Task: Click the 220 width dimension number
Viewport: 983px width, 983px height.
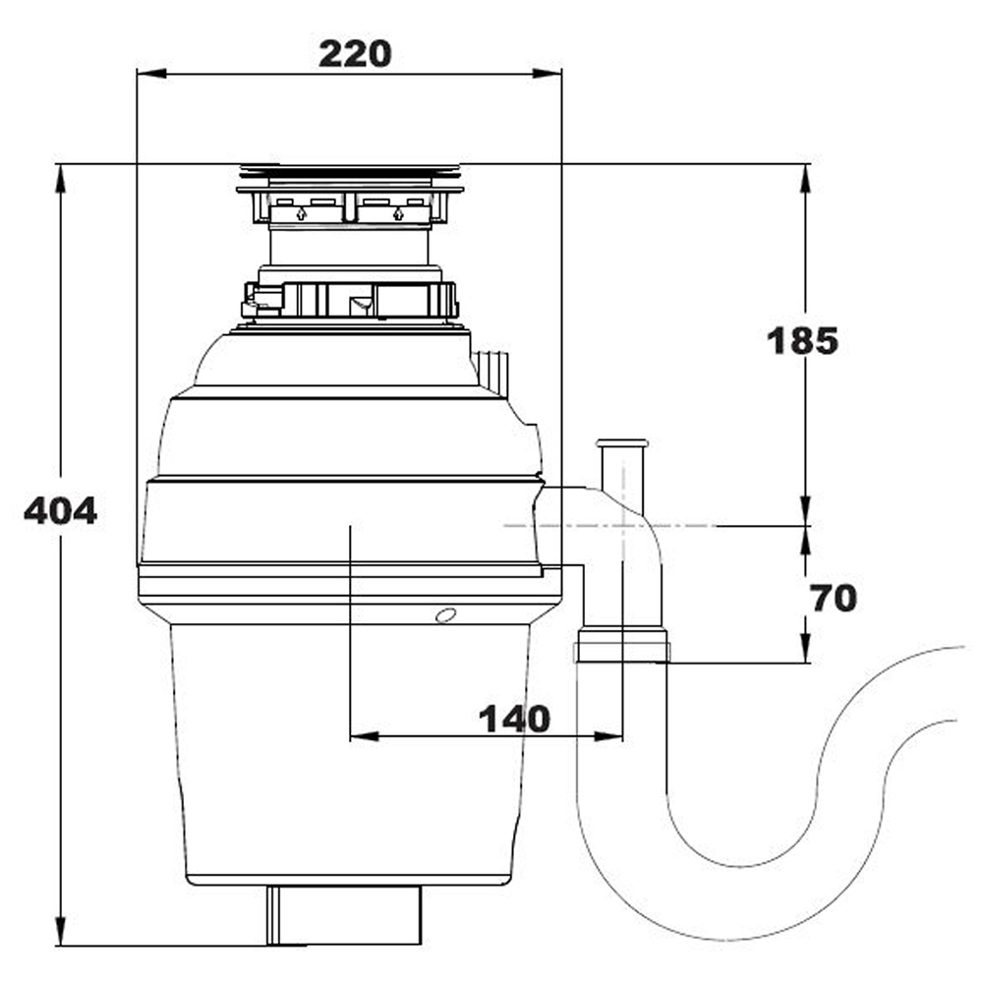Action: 354,53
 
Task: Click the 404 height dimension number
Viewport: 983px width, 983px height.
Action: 60,510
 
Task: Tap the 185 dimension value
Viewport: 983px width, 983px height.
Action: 802,341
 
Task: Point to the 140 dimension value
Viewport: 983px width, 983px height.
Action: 514,719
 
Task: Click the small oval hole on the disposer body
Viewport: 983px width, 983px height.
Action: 446,616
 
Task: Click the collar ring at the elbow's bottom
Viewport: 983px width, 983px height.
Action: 622,648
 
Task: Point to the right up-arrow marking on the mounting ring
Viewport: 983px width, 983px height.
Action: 397,212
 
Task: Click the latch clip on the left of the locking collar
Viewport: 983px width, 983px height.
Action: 260,299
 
